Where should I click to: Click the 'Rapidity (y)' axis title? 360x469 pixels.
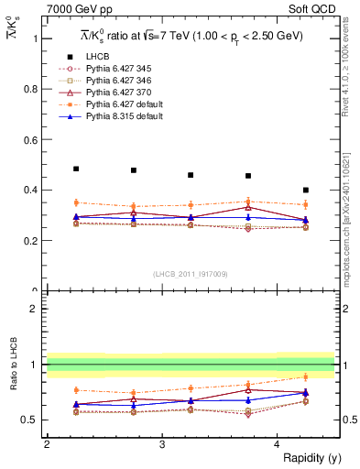point(305,456)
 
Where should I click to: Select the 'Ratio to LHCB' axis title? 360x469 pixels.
point(13,380)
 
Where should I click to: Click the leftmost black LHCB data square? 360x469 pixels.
point(76,169)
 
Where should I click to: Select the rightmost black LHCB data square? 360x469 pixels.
point(306,191)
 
